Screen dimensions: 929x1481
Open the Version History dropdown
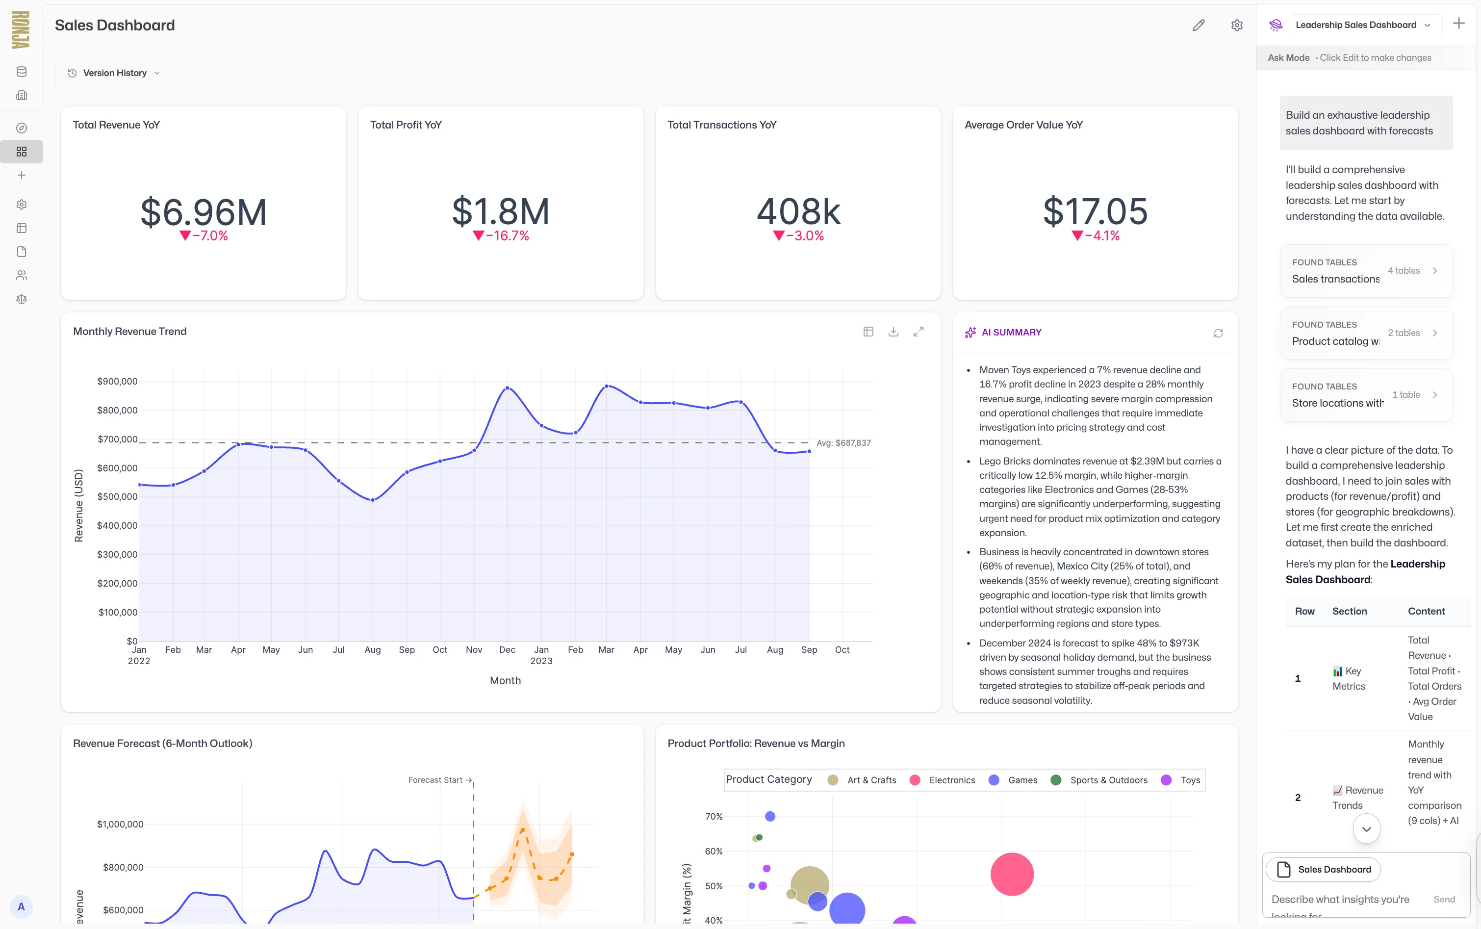pyautogui.click(x=114, y=73)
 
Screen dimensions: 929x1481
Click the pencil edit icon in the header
pyautogui.click(x=1199, y=25)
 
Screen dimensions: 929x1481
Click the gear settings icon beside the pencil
pyautogui.click(x=1236, y=25)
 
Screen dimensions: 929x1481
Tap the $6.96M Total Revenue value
pyautogui.click(x=204, y=212)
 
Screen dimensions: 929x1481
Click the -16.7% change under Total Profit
pyautogui.click(x=501, y=236)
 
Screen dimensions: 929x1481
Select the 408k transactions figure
pyautogui.click(x=798, y=212)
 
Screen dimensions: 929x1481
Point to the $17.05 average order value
pyautogui.click(x=1095, y=212)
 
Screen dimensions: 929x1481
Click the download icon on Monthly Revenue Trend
pyautogui.click(x=893, y=332)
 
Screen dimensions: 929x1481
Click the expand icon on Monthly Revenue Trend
pyautogui.click(x=919, y=332)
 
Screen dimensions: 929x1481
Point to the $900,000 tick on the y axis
pyautogui.click(x=117, y=382)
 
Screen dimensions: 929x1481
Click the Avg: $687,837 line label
pyautogui.click(x=843, y=443)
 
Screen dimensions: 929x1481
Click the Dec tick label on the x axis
pyautogui.click(x=507, y=650)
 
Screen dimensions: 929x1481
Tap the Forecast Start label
pyautogui.click(x=435, y=780)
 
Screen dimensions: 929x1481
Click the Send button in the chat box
pyautogui.click(x=1444, y=900)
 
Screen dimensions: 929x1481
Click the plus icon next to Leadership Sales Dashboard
pyautogui.click(x=1458, y=24)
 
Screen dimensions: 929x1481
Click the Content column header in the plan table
pyautogui.click(x=1426, y=611)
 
